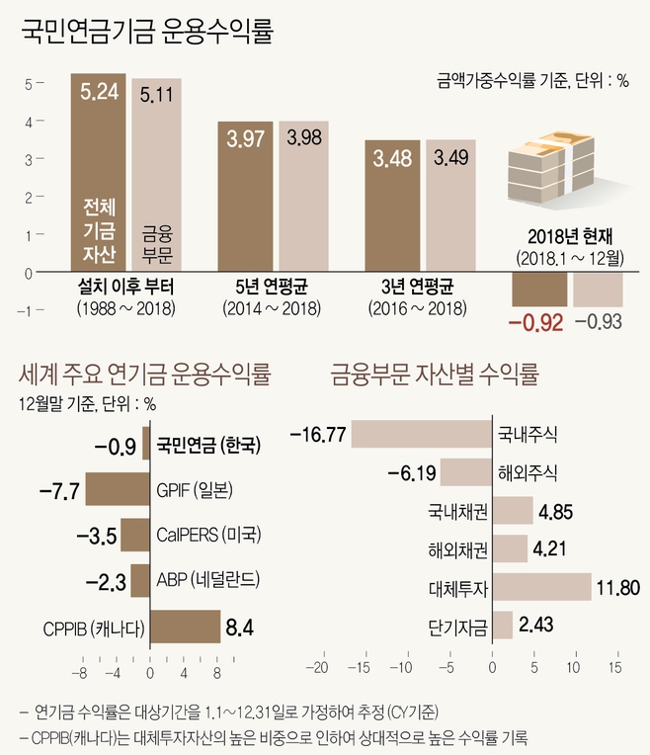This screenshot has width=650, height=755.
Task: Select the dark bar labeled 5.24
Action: click(x=98, y=173)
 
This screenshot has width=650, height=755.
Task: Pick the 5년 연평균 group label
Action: click(x=272, y=289)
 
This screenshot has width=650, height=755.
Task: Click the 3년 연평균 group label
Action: click(x=417, y=289)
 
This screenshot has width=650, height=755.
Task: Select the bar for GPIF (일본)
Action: click(x=115, y=490)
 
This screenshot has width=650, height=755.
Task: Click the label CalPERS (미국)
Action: click(x=208, y=536)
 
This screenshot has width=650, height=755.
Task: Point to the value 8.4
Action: click(x=240, y=628)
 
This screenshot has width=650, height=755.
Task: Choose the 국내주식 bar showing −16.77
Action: click(x=422, y=433)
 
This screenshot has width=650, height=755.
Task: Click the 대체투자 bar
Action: click(x=541, y=587)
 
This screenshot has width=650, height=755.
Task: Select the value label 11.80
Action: click(x=618, y=588)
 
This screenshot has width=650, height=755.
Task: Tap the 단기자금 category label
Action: click(x=460, y=626)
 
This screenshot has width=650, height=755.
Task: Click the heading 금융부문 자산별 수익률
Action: click(x=434, y=375)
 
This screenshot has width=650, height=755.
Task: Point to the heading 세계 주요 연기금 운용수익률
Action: click(x=145, y=375)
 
